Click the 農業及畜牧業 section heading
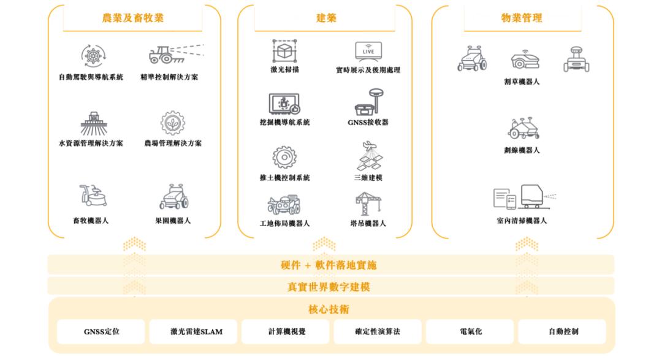[x=132, y=18]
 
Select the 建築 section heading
[x=326, y=18]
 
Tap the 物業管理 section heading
[x=522, y=18]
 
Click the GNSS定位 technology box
[x=101, y=332]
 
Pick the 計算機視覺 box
[x=286, y=332]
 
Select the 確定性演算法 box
[x=378, y=332]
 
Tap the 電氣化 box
[x=470, y=332]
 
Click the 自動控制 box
[x=563, y=332]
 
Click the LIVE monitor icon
[x=368, y=51]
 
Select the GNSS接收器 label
[x=368, y=123]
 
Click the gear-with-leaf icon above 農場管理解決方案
[x=172, y=123]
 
